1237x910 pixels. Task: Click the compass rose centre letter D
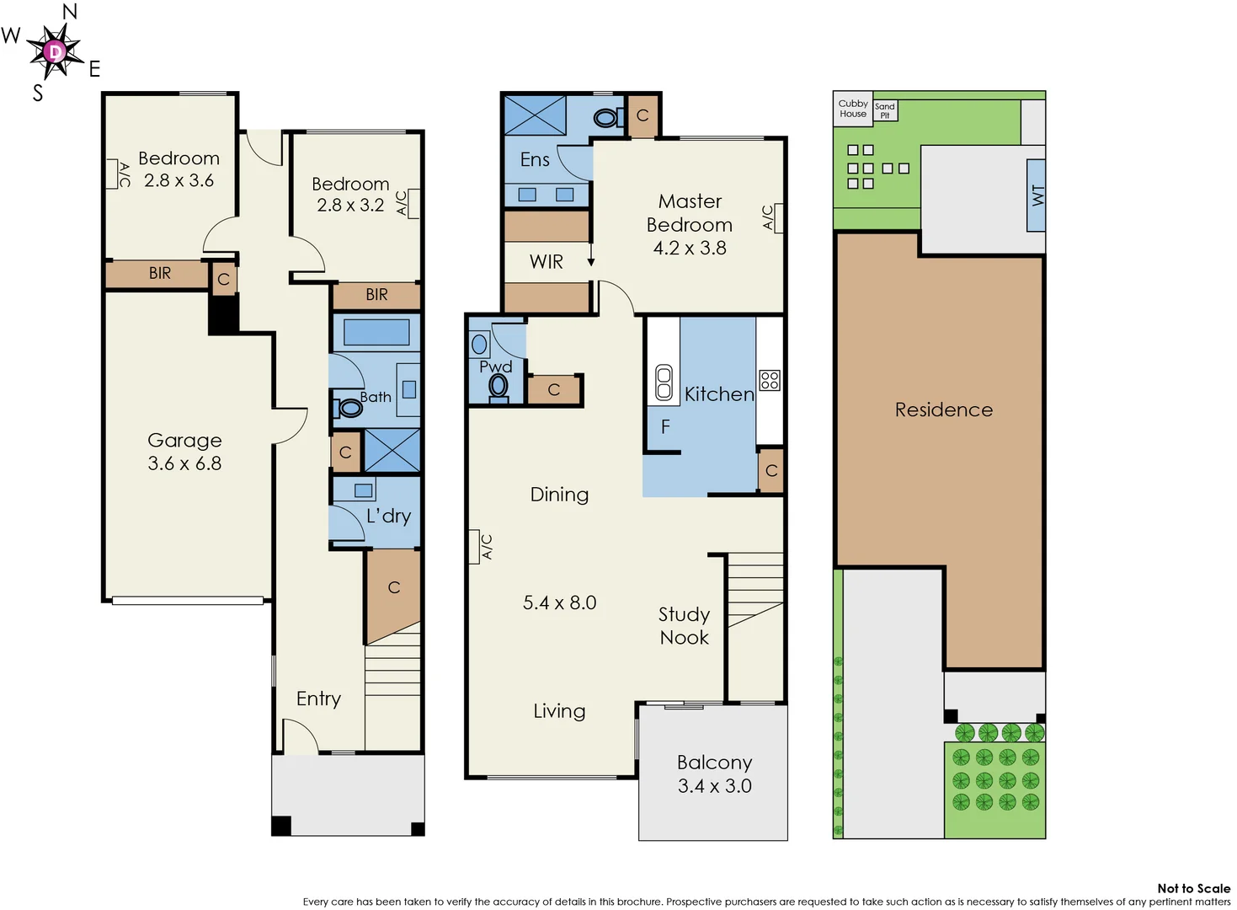click(55, 52)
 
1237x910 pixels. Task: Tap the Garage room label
click(184, 440)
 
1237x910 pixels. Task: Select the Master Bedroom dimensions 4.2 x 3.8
click(689, 248)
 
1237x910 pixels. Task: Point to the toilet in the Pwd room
click(499, 386)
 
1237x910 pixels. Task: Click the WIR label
click(546, 262)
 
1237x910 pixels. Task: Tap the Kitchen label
click(718, 393)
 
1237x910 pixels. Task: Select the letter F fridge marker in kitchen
click(665, 427)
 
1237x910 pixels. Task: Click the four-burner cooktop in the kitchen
click(770, 380)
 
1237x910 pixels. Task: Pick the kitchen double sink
click(664, 382)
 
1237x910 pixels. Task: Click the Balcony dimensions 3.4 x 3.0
click(714, 785)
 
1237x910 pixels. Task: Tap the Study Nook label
click(684, 626)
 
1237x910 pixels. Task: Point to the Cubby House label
click(852, 109)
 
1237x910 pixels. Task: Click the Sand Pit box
click(884, 110)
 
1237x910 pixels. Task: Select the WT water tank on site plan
click(1037, 195)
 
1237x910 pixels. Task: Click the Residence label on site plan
click(943, 409)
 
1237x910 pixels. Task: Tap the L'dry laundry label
click(388, 516)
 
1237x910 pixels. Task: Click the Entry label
click(318, 699)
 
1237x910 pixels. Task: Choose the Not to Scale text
click(1193, 888)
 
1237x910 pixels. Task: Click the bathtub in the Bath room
click(376, 332)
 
